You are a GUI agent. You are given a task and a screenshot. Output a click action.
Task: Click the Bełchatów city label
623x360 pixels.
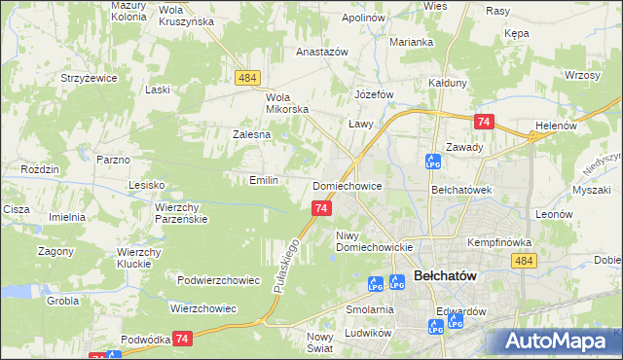click(445, 276)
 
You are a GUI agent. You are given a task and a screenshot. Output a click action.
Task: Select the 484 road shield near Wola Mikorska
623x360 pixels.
click(246, 76)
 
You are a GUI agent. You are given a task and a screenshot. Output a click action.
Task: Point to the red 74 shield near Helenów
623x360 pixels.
click(484, 122)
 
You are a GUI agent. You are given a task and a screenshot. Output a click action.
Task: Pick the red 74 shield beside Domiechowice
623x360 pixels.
click(322, 208)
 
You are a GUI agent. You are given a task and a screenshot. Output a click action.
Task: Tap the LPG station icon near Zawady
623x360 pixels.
click(432, 161)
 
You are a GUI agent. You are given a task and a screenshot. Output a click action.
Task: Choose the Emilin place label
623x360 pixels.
click(264, 180)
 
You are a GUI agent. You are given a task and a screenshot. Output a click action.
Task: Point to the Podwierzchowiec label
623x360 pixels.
click(218, 280)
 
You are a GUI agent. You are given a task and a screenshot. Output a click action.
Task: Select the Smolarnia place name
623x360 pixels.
click(369, 309)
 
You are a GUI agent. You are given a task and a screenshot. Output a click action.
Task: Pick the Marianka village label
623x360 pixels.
click(411, 42)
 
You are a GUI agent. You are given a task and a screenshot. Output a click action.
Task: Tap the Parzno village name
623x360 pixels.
click(113, 159)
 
